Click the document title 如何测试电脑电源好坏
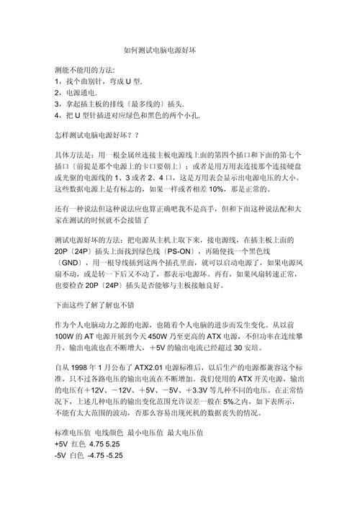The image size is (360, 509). [x=180, y=50]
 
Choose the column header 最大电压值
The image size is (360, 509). [x=186, y=434]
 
